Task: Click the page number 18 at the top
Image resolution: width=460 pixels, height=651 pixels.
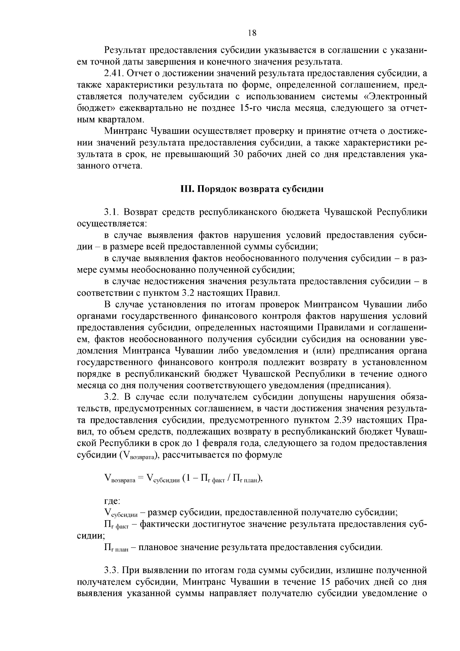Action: [x=252, y=33]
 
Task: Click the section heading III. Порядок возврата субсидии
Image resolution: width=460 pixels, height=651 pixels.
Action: [x=252, y=189]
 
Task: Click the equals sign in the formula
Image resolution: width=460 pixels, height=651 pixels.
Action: [x=141, y=478]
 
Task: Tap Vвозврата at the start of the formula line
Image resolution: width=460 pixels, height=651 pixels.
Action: [x=119, y=479]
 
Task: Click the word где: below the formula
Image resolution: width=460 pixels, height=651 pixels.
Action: [x=112, y=501]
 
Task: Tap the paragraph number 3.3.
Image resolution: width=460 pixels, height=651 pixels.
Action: [x=111, y=570]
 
